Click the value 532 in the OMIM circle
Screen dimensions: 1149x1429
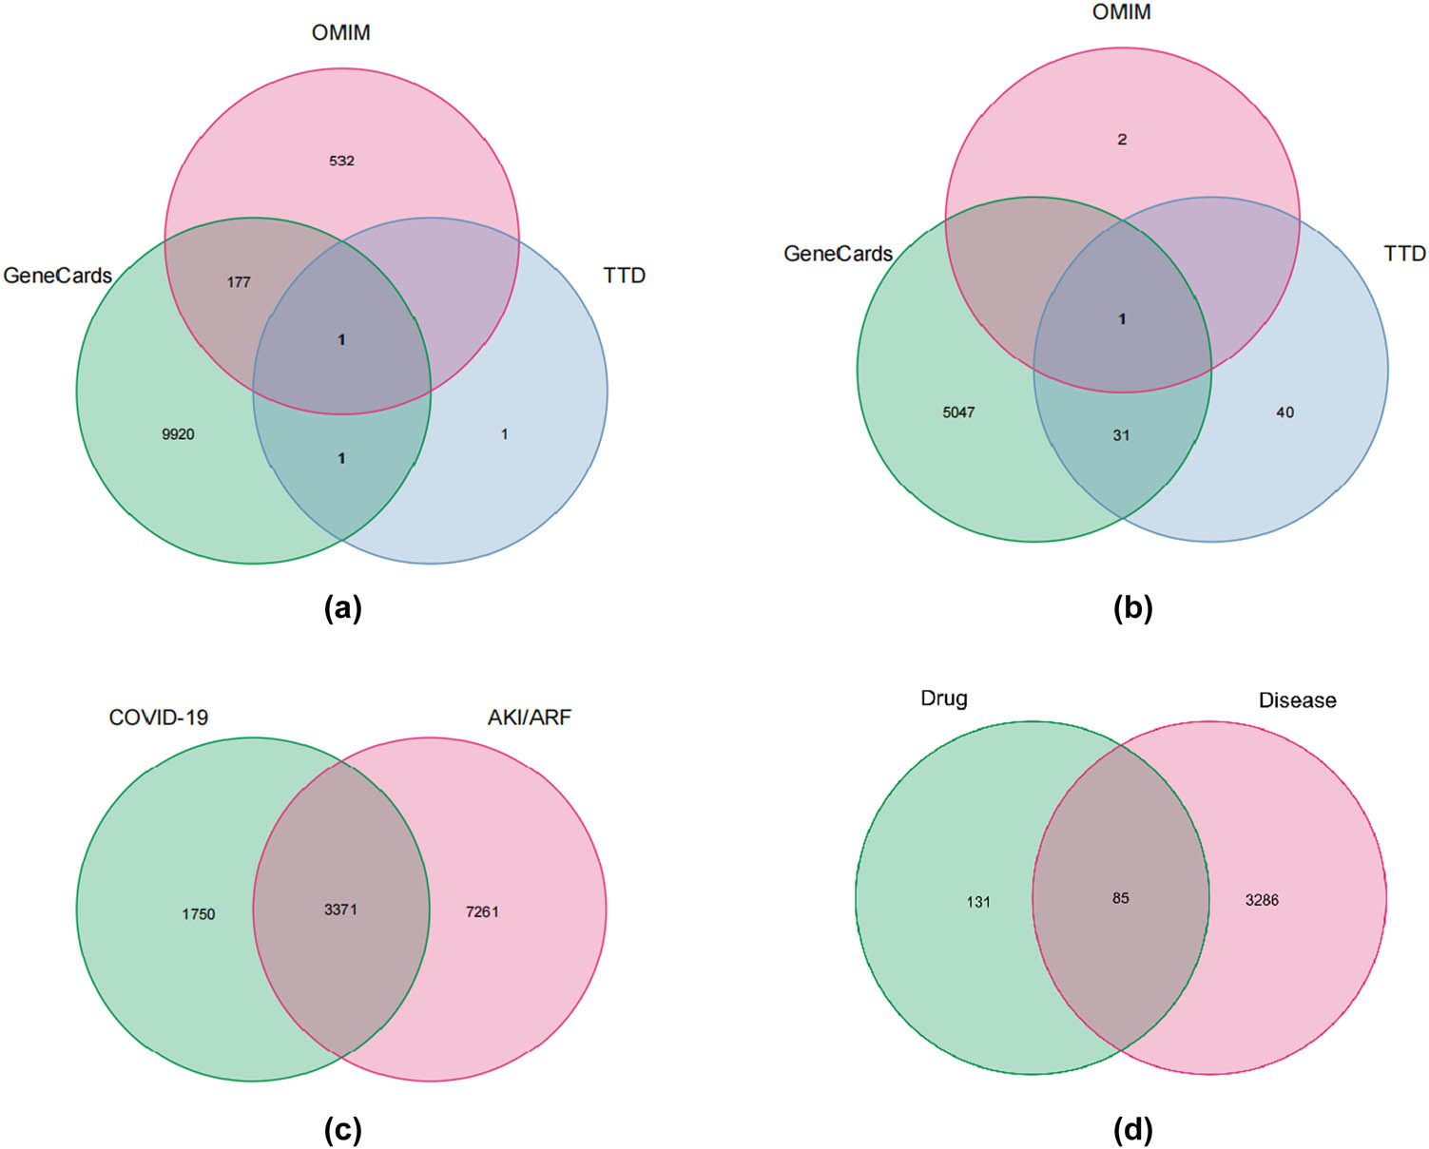(x=341, y=161)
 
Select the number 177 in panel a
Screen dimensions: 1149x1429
(x=239, y=282)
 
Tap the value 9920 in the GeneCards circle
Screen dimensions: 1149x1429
(x=178, y=434)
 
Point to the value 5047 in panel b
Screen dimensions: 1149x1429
(x=958, y=412)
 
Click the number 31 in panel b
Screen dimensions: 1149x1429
(x=1122, y=435)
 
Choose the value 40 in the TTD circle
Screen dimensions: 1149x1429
(x=1284, y=412)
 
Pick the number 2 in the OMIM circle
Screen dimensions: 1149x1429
(x=1122, y=140)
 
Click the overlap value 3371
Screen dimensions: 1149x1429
(x=340, y=910)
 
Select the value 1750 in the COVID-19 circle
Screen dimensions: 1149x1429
(x=199, y=914)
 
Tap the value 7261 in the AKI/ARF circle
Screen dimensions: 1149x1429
(x=482, y=912)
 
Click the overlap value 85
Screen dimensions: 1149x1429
(x=1121, y=898)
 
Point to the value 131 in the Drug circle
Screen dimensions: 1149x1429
(x=978, y=902)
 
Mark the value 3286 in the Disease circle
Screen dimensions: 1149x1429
(x=1262, y=900)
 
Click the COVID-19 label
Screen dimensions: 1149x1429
(x=159, y=718)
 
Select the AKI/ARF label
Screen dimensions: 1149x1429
(x=530, y=718)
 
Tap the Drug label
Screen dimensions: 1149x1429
(x=944, y=699)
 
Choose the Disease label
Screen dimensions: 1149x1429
(x=1297, y=700)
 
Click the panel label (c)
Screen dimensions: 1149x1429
(x=342, y=1130)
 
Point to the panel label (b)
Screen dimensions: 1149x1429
(x=1132, y=608)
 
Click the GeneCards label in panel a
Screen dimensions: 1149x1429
(x=58, y=276)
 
